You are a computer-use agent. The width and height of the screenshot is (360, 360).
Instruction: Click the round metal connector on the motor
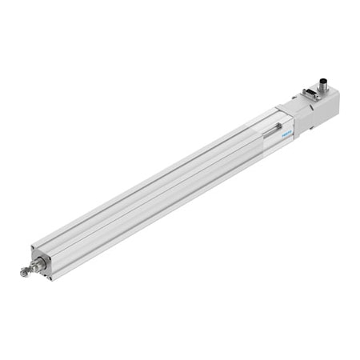coord(322,82)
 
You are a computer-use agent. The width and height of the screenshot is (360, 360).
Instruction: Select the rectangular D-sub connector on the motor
coord(310,94)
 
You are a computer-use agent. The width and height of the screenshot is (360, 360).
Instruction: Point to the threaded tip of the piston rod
coord(24,273)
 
